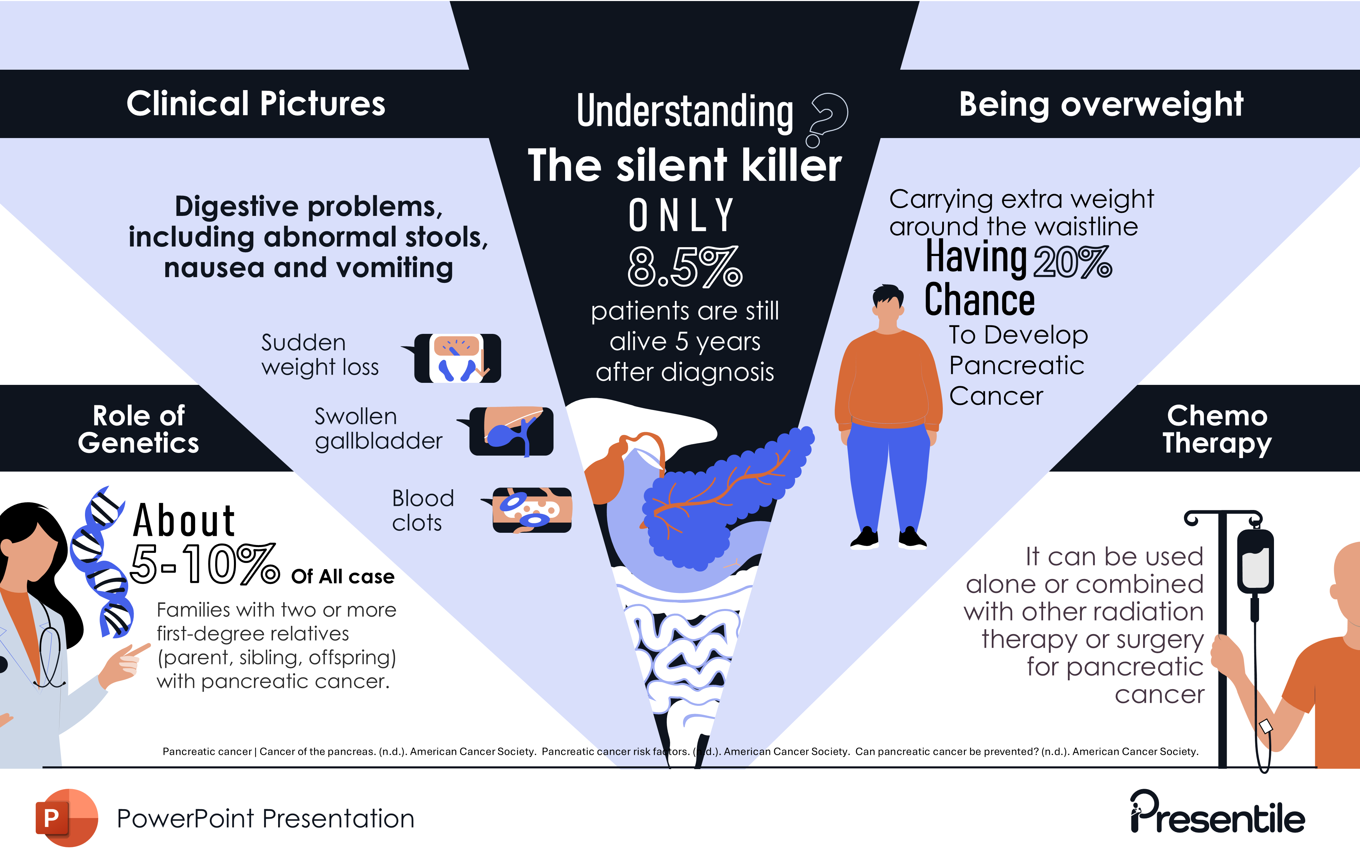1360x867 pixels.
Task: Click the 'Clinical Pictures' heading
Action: (256, 104)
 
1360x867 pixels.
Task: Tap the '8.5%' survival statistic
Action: (684, 267)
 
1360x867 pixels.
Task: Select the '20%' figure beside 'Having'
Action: (1072, 262)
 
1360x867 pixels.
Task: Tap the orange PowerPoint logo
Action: (66, 818)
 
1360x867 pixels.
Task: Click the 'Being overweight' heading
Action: (1101, 104)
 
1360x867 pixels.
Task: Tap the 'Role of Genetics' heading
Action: (138, 429)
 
